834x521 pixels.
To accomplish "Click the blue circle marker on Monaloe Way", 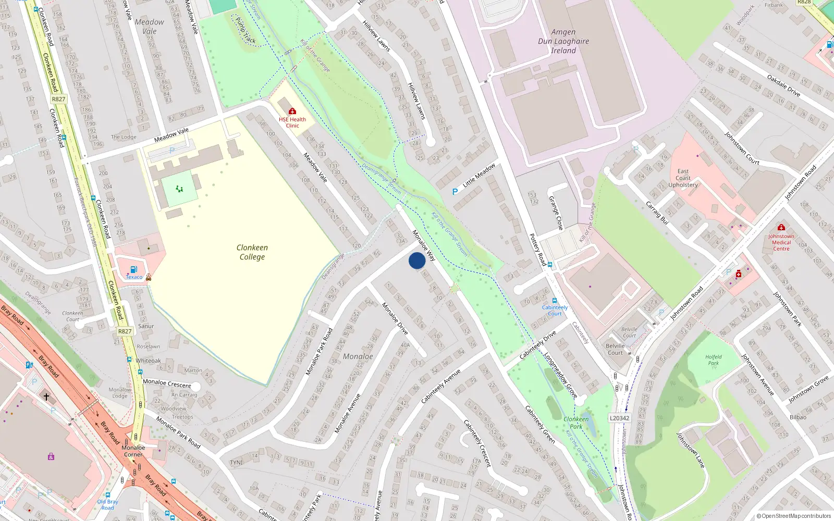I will pos(417,260).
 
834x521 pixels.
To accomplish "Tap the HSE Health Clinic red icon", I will pos(292,111).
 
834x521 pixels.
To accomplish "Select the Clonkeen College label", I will pos(252,252).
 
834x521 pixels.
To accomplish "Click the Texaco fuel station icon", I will pos(133,269).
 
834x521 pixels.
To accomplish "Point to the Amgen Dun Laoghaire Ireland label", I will pos(563,41).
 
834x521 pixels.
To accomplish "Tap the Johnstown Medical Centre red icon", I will pos(781,227).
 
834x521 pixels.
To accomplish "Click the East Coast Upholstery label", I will pos(683,178).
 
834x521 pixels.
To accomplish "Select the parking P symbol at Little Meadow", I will pos(455,192).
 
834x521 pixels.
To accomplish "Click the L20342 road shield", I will pos(619,418).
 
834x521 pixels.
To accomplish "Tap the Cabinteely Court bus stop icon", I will pos(554,301).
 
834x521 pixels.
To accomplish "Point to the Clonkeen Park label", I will pos(576,423).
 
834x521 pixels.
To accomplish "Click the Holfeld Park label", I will pos(714,359).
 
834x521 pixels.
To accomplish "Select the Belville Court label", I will pos(615,349).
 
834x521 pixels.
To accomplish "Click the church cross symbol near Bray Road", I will pos(46,397).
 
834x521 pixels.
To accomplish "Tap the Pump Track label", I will pos(246,30).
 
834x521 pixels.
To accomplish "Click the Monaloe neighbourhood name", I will pos(358,356).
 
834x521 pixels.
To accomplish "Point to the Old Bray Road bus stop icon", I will pos(108,495).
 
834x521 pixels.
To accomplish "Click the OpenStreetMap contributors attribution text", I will pos(794,516).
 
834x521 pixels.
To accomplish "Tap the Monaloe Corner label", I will pos(133,451).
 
